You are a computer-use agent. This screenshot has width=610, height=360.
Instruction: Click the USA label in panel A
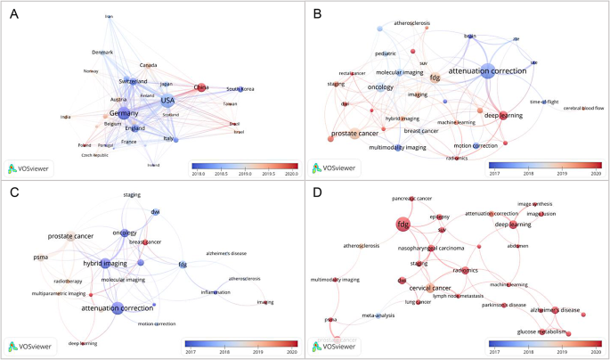point(167,101)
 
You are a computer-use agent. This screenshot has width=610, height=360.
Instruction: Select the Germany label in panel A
point(122,113)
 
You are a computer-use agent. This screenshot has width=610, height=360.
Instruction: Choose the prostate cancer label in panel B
point(355,134)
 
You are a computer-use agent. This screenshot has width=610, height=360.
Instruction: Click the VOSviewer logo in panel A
point(29,167)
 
